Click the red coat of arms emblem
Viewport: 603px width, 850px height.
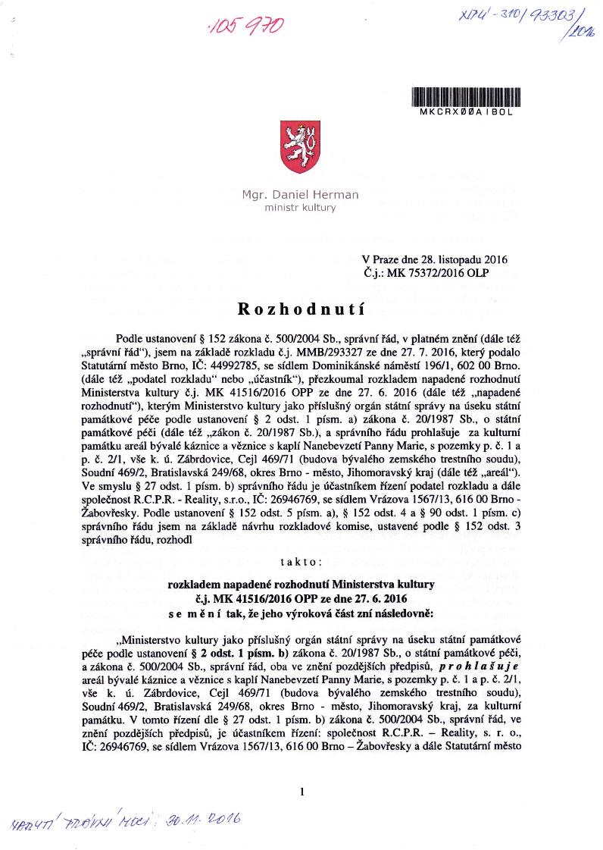299,147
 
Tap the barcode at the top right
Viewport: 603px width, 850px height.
464,96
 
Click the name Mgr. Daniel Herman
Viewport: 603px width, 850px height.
300,195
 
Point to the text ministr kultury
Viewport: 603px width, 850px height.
300,207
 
